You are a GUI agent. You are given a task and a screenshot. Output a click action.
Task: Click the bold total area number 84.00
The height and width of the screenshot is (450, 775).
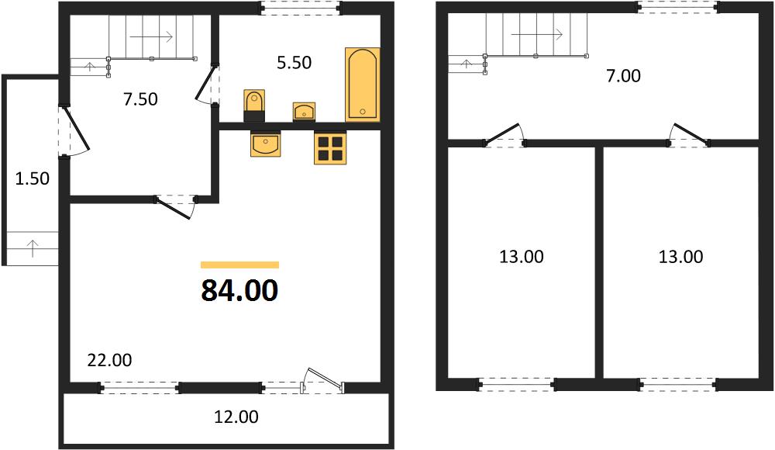(239, 291)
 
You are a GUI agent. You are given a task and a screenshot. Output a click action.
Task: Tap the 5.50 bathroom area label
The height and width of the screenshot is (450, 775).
(294, 63)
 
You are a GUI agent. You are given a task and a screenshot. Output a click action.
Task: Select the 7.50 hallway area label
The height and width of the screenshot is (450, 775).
(141, 99)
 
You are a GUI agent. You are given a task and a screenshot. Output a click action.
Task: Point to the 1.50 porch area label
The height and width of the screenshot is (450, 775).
(33, 178)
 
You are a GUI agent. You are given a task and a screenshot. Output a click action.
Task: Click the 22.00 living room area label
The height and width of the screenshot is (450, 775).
(110, 360)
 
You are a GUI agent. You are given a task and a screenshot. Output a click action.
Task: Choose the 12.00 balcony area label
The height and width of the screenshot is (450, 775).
(236, 417)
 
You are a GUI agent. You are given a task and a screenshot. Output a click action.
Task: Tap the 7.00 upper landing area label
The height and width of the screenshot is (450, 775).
(623, 76)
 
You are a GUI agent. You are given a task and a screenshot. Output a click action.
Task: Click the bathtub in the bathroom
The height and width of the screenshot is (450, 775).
(362, 85)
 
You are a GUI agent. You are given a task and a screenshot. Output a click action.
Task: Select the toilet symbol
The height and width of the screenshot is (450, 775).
(254, 106)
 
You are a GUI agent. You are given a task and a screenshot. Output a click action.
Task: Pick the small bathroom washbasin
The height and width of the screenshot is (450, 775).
(304, 112)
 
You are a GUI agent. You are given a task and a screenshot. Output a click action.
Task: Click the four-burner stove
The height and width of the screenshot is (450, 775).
(330, 147)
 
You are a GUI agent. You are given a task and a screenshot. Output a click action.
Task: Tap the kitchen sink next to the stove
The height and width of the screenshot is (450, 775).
(266, 144)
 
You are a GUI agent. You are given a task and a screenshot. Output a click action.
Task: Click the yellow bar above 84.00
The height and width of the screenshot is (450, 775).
(239, 265)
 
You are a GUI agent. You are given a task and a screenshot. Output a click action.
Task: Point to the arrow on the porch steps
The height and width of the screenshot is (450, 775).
(33, 248)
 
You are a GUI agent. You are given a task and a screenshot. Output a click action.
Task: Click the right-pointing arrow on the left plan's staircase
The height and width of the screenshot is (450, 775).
(151, 36)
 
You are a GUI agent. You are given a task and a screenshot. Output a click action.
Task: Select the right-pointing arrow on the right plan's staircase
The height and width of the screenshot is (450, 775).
(537, 35)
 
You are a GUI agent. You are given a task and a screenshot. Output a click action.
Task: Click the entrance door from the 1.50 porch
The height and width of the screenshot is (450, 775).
(74, 131)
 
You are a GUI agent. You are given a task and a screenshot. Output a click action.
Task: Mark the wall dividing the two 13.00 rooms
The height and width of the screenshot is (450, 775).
(599, 262)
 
